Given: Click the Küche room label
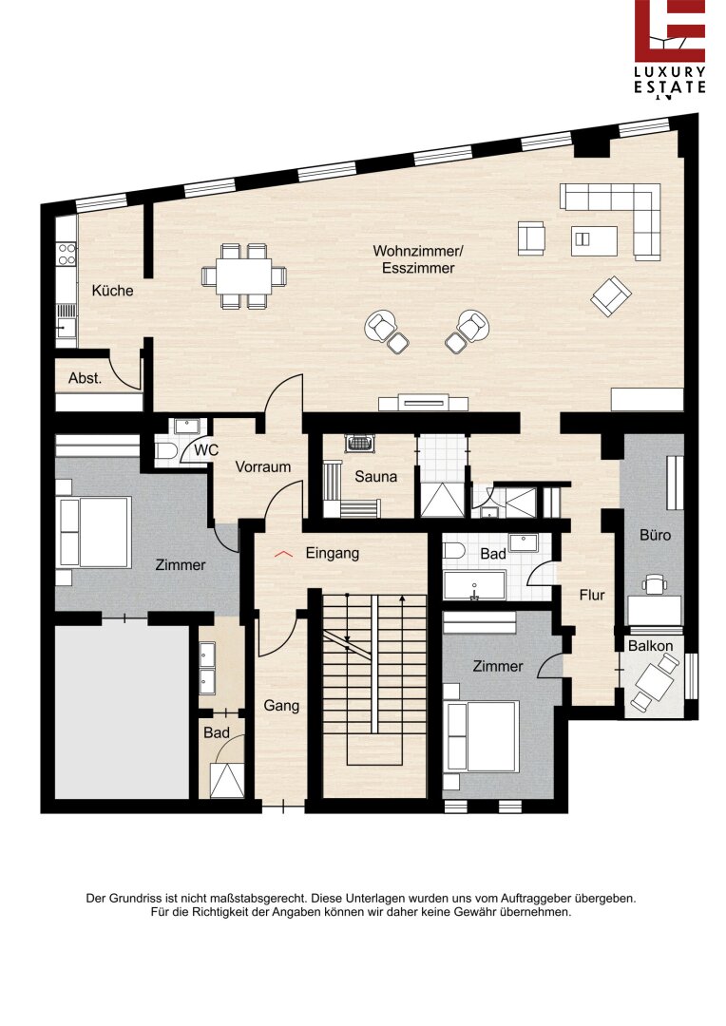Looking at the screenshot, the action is pos(112,291).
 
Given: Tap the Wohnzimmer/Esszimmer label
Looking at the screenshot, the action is pos(418,259).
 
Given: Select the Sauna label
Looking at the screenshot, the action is pos(375,476).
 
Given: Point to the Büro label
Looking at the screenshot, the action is pos(656,535).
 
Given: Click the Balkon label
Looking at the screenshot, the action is pos(651,646).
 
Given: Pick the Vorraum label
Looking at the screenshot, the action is pos(263,466).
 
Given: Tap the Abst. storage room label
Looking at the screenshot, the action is pos(86,377).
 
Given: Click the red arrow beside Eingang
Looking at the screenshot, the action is pos(283,554).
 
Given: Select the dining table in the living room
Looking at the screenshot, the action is pos(244,275).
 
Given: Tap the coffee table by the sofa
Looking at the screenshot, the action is pos(594,240).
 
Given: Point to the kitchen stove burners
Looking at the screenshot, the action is pos(67,254).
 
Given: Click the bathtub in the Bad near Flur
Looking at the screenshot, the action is pos(474,585).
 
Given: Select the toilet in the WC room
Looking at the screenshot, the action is pos(164,450).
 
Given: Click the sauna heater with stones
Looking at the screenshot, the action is pos(359,443).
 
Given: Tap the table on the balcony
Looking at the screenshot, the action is pos(655,680).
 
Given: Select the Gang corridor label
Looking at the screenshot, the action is pos(281,705).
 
